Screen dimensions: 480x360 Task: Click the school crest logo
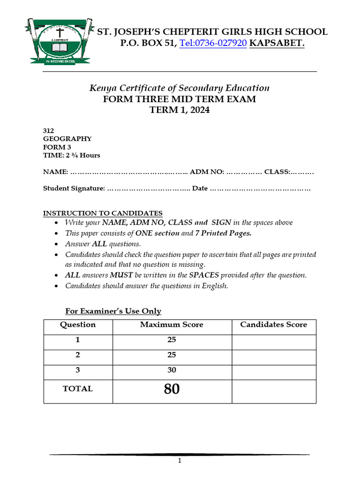pyautogui.click(x=56, y=41)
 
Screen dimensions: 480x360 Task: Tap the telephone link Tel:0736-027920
pyautogui.click(x=213, y=44)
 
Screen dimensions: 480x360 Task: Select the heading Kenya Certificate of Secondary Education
pyautogui.click(x=180, y=88)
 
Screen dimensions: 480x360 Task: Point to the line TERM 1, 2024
pyautogui.click(x=180, y=111)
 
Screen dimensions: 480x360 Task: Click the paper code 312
pyautogui.click(x=49, y=131)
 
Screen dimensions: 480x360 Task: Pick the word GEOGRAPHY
pyautogui.click(x=67, y=139)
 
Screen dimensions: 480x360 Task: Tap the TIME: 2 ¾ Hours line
pyautogui.click(x=72, y=155)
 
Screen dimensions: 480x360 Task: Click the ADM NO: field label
pyautogui.click(x=207, y=172)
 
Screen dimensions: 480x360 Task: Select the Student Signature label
pyautogui.click(x=74, y=188)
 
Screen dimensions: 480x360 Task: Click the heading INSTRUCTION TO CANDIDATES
pyautogui.click(x=103, y=213)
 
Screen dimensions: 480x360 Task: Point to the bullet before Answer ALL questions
pyautogui.click(x=57, y=245)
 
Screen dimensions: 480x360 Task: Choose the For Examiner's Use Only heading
pyautogui.click(x=112, y=311)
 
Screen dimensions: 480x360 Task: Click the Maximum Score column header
pyautogui.click(x=172, y=324)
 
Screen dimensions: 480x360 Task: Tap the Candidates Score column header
pyautogui.click(x=273, y=324)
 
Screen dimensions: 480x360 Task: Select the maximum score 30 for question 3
pyautogui.click(x=172, y=370)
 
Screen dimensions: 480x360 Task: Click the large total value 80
pyautogui.click(x=172, y=389)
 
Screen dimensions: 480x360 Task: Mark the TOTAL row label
pyautogui.click(x=78, y=389)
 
